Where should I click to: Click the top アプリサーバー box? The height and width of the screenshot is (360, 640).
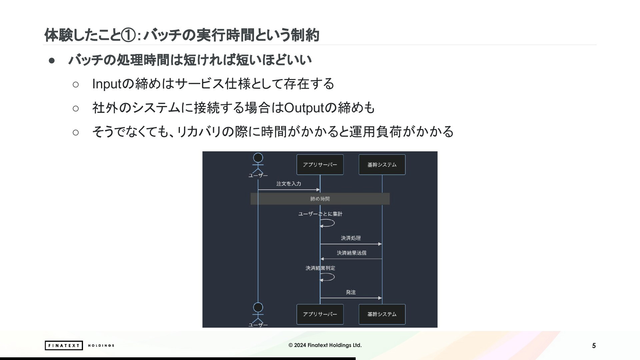pyautogui.click(x=320, y=165)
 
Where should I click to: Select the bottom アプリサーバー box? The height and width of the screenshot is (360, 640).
pyautogui.click(x=320, y=314)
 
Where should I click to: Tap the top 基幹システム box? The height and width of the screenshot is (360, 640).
pyautogui.click(x=382, y=165)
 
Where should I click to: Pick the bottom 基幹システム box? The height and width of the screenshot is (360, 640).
pyautogui.click(x=382, y=314)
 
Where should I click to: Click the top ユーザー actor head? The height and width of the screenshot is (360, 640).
pyautogui.click(x=258, y=158)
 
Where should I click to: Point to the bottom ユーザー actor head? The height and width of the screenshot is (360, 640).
pyautogui.click(x=258, y=307)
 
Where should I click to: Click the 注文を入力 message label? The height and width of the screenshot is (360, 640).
pyautogui.click(x=289, y=184)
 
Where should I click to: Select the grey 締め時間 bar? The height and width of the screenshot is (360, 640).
pyautogui.click(x=320, y=199)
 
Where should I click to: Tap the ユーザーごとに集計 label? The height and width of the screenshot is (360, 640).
pyautogui.click(x=320, y=214)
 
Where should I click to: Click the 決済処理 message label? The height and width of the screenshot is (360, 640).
pyautogui.click(x=351, y=238)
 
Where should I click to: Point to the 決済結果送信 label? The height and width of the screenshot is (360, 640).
pyautogui.click(x=351, y=253)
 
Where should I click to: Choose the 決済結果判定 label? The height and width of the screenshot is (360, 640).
pyautogui.click(x=320, y=268)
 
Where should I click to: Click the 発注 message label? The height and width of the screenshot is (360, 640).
pyautogui.click(x=351, y=292)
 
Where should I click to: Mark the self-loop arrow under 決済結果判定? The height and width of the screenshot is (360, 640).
pyautogui.click(x=334, y=277)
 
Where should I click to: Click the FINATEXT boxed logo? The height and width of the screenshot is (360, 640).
pyautogui.click(x=64, y=345)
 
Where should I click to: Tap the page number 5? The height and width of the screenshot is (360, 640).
pyautogui.click(x=594, y=346)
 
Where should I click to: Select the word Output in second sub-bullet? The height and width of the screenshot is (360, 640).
pyautogui.click(x=304, y=108)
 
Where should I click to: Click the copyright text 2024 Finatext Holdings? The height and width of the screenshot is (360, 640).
pyautogui.click(x=325, y=345)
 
